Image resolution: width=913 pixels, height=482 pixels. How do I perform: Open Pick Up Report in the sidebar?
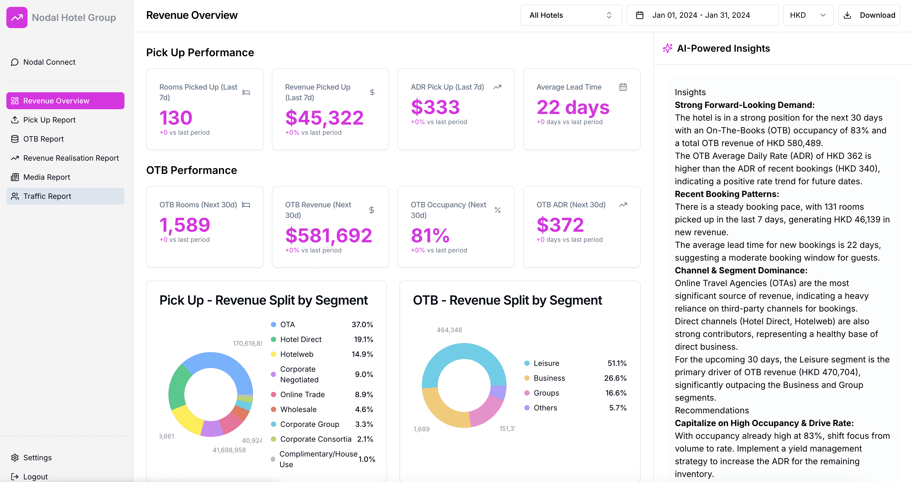click(49, 120)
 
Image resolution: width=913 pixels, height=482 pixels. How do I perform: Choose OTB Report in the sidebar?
click(43, 139)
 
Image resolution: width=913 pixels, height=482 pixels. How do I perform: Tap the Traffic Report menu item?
click(47, 196)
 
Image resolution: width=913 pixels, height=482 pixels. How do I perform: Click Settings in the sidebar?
click(37, 458)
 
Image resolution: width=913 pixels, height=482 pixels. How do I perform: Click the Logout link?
click(35, 476)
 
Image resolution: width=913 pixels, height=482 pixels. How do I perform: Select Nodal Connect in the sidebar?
click(49, 62)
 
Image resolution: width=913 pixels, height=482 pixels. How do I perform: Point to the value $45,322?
click(324, 118)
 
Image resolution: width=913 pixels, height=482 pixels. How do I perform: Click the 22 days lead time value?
click(572, 107)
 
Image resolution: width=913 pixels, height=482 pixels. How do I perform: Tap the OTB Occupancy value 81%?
click(430, 235)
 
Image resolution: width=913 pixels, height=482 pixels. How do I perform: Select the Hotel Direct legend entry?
click(300, 339)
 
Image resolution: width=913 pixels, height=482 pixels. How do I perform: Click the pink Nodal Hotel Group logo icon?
click(17, 17)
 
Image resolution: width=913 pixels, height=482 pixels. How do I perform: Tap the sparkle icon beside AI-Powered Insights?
click(667, 48)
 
